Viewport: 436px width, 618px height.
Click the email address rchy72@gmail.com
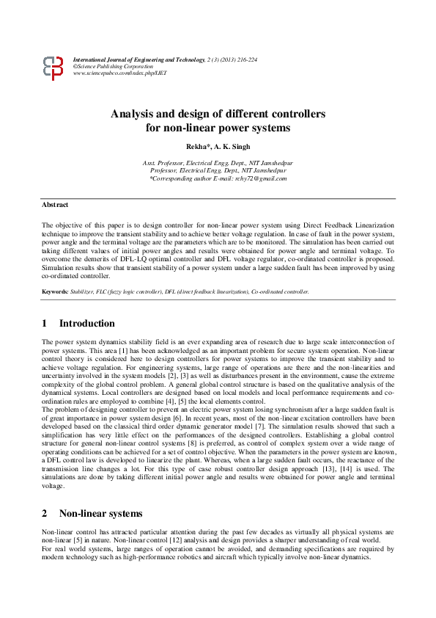click(263, 178)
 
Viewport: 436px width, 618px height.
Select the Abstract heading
click(55, 205)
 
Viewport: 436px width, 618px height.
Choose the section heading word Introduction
click(86, 324)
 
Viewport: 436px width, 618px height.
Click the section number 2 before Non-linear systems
click(45, 514)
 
